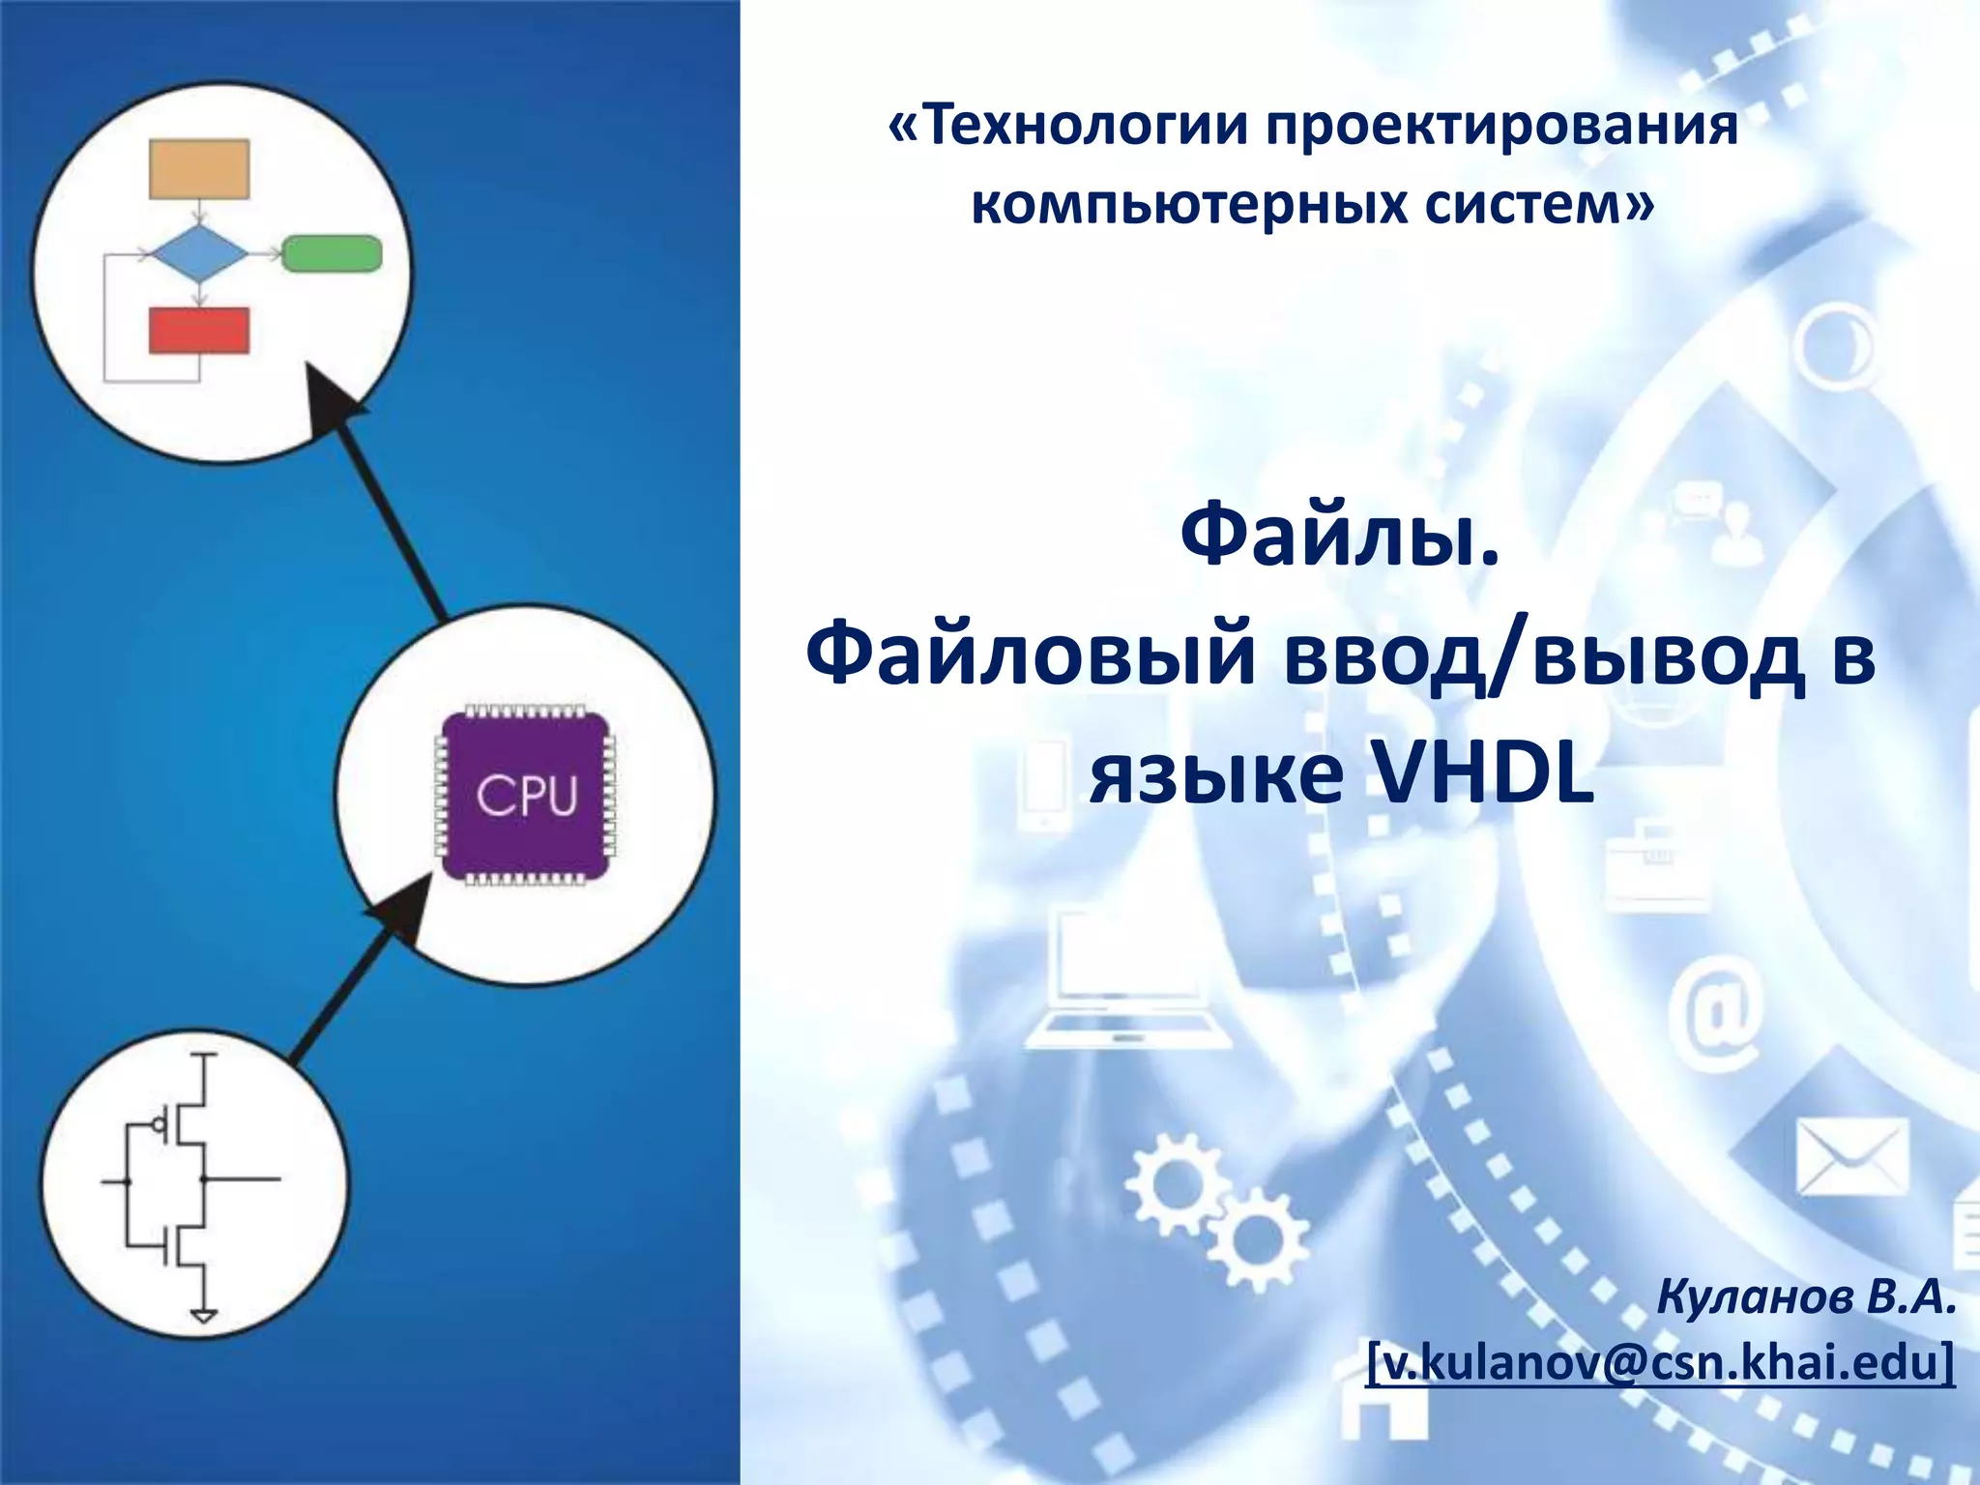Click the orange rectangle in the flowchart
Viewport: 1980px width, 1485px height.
click(x=199, y=169)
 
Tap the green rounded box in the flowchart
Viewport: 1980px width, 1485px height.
click(x=332, y=253)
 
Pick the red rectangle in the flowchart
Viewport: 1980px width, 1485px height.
click(x=199, y=331)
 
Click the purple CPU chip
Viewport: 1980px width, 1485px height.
click(x=526, y=796)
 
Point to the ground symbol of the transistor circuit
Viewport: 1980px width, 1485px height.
click(x=204, y=1315)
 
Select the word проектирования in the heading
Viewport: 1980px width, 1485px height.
click(x=1502, y=127)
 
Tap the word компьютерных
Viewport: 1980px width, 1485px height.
click(x=1187, y=205)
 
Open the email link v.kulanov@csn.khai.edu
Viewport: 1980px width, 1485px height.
click(x=1660, y=1361)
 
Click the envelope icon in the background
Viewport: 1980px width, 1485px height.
click(x=1852, y=1157)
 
